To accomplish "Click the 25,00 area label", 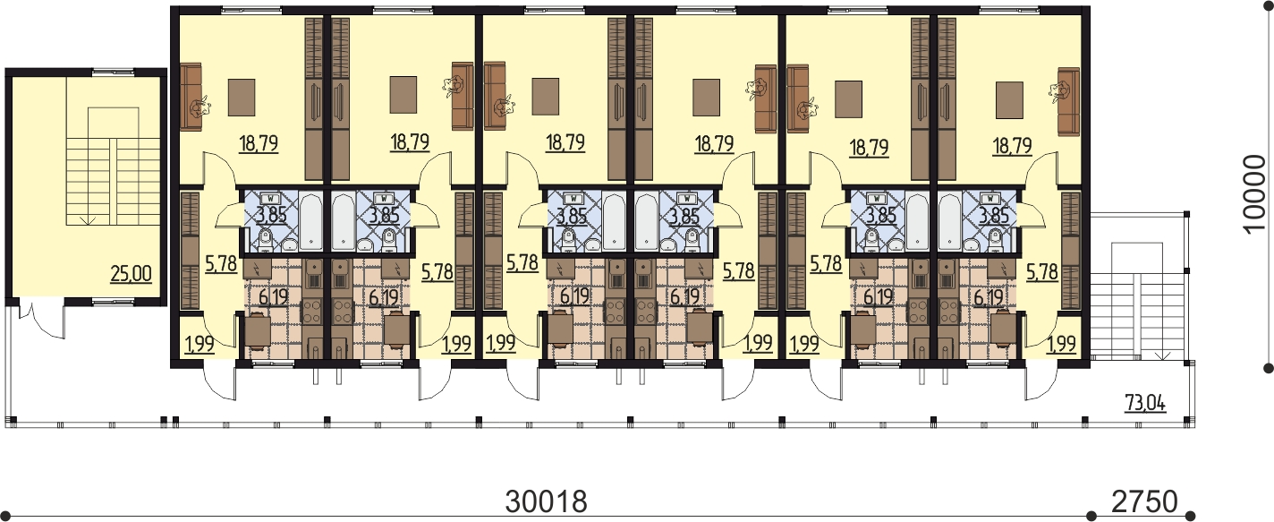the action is click(132, 274).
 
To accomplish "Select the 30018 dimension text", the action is click(546, 501).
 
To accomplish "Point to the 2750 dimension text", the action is click(1143, 501).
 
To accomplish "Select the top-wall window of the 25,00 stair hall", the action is click(114, 72).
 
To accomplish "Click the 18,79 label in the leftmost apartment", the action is click(259, 143).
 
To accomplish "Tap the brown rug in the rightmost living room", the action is click(1009, 100).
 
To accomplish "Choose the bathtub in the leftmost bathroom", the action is click(310, 221).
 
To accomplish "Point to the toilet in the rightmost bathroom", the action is click(995, 240).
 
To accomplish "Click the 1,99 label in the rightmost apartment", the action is click(1062, 344).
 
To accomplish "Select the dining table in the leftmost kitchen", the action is click(257, 330).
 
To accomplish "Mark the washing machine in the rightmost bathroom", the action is click(990, 198).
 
